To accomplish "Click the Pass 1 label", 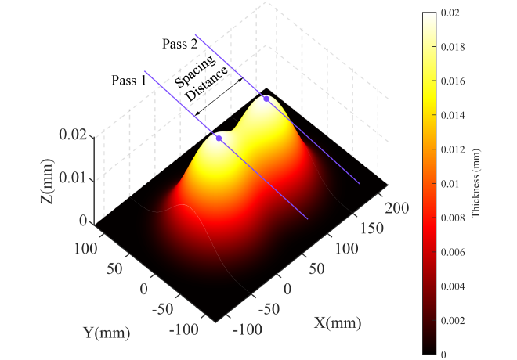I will (129, 80).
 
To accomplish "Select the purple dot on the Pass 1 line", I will (219, 139).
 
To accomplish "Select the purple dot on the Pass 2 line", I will (266, 99).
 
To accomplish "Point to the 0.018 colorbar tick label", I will (452, 48).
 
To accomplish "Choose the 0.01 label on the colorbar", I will (449, 184).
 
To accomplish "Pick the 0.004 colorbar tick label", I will (452, 286).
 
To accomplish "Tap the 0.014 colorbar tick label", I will (452, 116).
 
